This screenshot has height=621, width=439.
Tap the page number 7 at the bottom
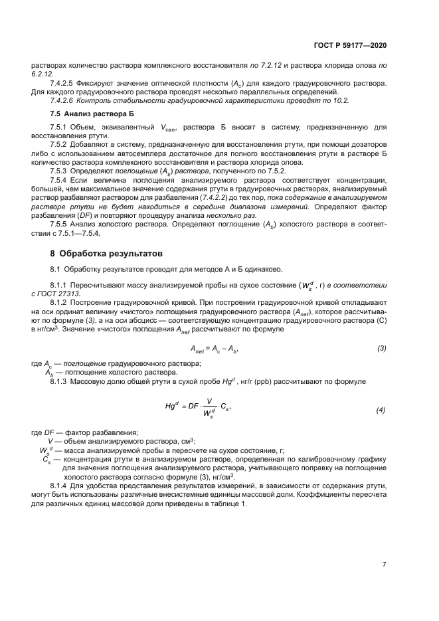pos(385,565)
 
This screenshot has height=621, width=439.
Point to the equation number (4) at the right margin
pos(381,410)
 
